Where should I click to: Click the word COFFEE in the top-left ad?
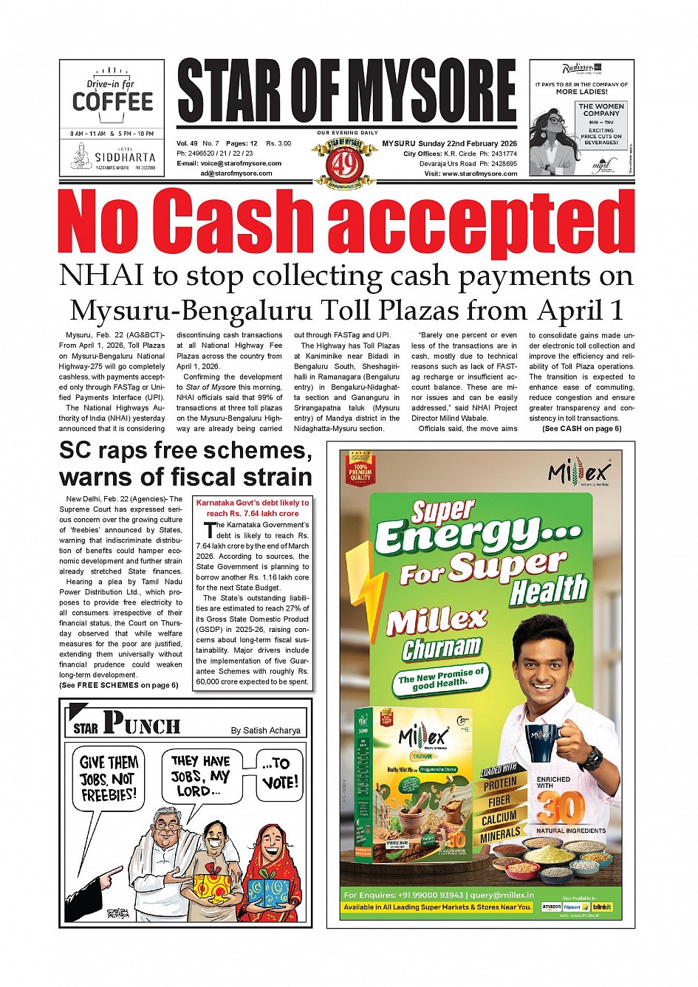pos(112,102)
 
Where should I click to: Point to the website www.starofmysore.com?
pos(480,173)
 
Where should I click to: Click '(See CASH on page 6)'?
pos(581,428)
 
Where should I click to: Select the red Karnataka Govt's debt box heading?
pos(253,507)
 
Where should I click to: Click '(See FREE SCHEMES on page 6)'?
pos(118,685)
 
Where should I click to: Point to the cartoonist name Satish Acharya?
pos(265,730)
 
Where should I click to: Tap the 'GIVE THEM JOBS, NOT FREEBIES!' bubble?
pos(109,778)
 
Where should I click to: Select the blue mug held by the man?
pos(541,741)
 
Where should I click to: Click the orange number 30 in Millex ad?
pos(561,808)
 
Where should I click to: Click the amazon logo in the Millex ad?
pos(552,907)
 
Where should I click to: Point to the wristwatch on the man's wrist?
pos(592,756)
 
